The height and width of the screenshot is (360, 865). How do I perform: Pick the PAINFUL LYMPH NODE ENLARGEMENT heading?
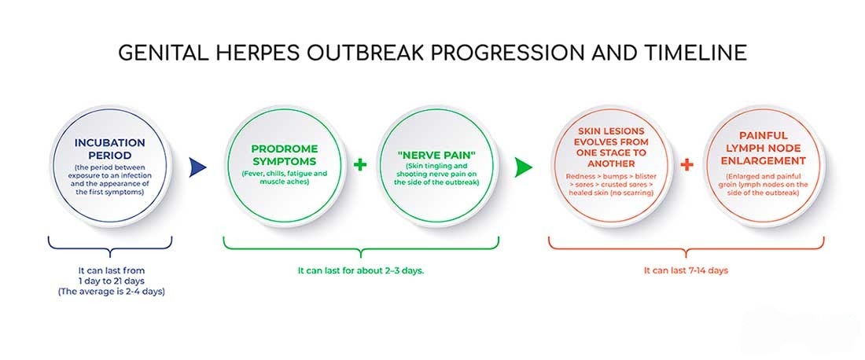[x=763, y=149]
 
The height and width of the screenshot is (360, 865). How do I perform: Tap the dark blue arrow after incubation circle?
[x=198, y=167]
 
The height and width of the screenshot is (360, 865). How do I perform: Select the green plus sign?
[x=361, y=166]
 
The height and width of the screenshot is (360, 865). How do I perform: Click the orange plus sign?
[x=686, y=166]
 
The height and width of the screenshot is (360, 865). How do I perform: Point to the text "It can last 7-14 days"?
[x=686, y=270]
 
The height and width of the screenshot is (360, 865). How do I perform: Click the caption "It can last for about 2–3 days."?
[x=361, y=270]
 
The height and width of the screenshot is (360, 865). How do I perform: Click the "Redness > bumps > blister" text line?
[x=611, y=174]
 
